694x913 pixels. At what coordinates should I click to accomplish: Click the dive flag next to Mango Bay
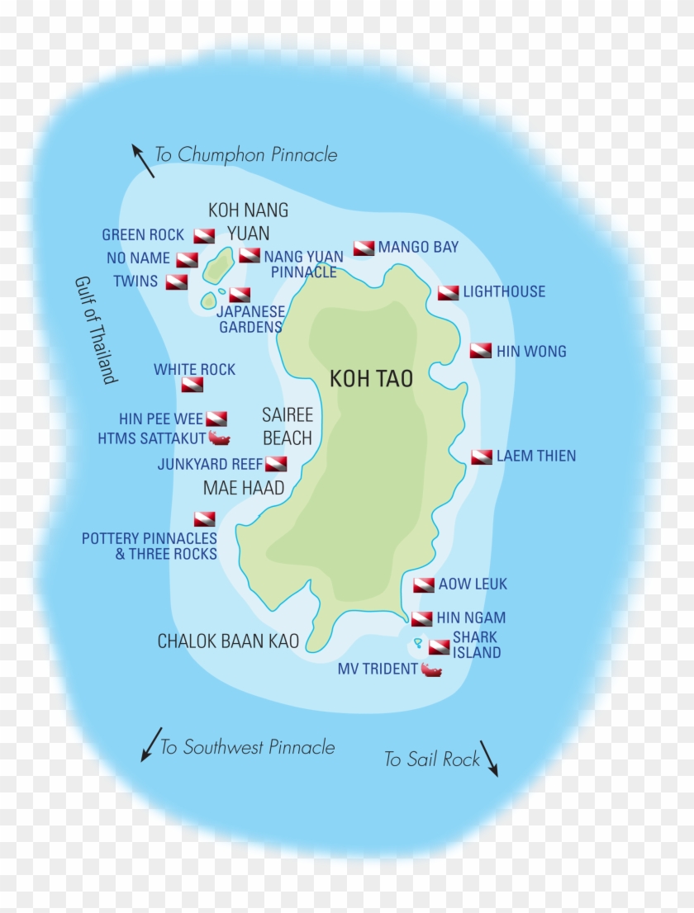click(364, 248)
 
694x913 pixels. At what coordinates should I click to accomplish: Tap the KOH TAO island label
click(371, 379)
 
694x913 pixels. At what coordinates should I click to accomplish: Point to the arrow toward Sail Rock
click(489, 758)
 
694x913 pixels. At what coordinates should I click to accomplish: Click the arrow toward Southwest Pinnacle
click(150, 744)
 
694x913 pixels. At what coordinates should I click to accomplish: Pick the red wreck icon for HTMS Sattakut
click(219, 438)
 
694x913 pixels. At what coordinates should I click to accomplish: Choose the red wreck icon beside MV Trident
click(431, 669)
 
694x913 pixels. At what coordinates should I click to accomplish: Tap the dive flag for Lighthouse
click(448, 292)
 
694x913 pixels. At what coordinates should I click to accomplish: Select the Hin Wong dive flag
click(481, 351)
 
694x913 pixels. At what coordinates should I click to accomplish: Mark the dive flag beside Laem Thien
click(482, 456)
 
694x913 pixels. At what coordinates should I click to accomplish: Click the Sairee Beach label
click(287, 426)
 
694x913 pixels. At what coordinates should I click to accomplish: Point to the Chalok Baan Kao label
click(228, 641)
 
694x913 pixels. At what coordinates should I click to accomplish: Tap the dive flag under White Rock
click(193, 385)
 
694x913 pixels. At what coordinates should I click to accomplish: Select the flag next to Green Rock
click(204, 235)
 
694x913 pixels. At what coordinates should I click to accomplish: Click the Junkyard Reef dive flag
click(276, 464)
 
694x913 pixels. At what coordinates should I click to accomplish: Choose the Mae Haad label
click(244, 489)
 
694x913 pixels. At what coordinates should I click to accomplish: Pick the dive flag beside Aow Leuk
click(424, 585)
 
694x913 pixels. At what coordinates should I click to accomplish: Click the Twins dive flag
click(176, 282)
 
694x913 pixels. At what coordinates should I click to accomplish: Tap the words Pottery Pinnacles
click(149, 538)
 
